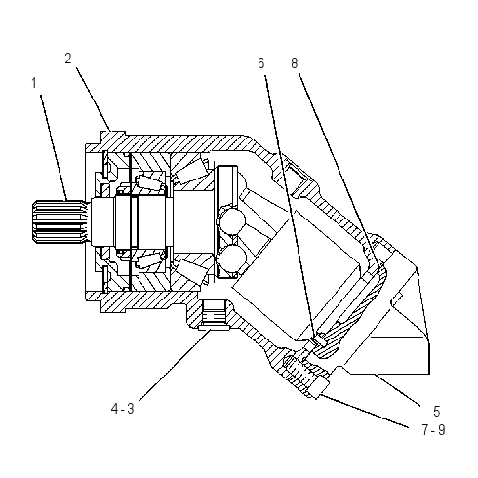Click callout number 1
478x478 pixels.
(34, 83)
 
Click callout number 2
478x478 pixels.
(68, 59)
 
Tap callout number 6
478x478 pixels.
(261, 63)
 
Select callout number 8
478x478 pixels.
(295, 63)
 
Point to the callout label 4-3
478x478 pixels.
(122, 409)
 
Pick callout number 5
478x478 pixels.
(437, 412)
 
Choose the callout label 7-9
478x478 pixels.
(433, 430)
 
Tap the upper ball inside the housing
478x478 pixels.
(232, 220)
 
